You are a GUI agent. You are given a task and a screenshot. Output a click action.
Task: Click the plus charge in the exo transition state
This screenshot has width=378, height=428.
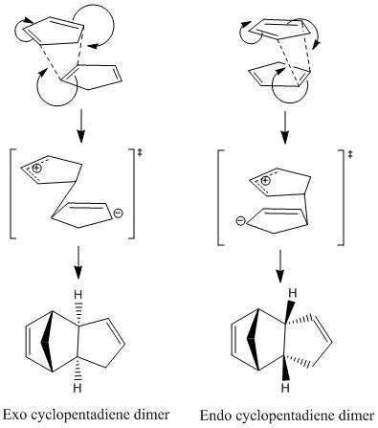tap(37, 168)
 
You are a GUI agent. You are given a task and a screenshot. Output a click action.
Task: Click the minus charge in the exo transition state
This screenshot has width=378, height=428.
tap(118, 213)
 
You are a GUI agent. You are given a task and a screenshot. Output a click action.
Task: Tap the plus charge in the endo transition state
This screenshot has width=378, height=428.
tap(265, 181)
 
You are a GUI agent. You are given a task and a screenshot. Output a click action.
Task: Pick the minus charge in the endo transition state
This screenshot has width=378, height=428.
tap(241, 220)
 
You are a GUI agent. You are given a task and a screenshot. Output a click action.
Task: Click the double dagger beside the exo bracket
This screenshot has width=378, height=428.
tap(140, 153)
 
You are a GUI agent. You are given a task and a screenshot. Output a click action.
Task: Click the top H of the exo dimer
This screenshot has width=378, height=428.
tap(78, 295)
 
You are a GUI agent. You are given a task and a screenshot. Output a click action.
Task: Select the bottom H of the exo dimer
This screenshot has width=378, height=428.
tap(78, 388)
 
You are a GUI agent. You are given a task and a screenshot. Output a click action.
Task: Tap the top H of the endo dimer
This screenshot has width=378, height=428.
tap(293, 293)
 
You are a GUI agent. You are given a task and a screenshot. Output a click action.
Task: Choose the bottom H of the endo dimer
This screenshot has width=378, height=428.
tap(285, 388)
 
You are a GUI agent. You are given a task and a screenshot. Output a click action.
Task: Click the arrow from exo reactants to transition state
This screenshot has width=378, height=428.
tap(81, 126)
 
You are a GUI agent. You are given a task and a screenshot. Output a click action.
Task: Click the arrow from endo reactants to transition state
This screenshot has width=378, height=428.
tap(285, 127)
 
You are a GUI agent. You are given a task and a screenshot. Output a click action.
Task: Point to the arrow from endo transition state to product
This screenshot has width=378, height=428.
tap(280, 266)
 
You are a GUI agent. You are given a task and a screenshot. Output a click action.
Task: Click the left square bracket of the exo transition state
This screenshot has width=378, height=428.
tap(12, 193)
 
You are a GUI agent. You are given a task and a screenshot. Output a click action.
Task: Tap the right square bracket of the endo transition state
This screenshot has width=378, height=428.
tap(341, 197)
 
